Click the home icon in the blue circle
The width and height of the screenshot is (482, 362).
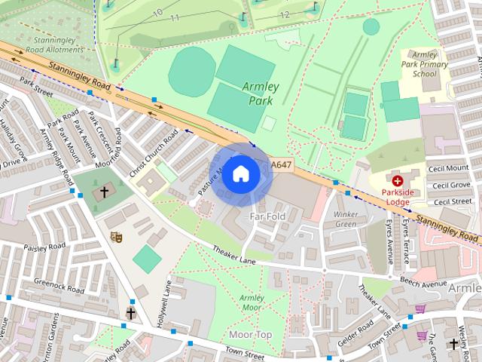pos(240,173)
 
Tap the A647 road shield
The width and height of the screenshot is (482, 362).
pos(281,165)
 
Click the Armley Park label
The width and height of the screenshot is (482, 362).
pos(261,93)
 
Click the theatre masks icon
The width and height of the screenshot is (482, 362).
pos(116,237)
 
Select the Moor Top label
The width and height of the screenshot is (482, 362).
pos(250,334)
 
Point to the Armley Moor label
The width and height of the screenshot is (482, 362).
pos(252,302)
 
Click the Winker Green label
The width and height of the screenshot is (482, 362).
pos(345,219)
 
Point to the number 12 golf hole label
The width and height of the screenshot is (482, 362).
pos(284,14)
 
